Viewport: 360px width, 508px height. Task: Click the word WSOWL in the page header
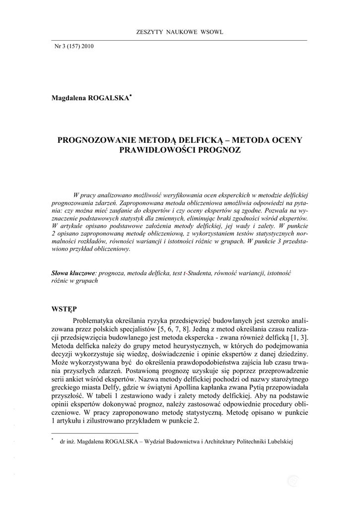(x=213, y=32)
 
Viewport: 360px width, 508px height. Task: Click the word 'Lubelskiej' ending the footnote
(x=278, y=441)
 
